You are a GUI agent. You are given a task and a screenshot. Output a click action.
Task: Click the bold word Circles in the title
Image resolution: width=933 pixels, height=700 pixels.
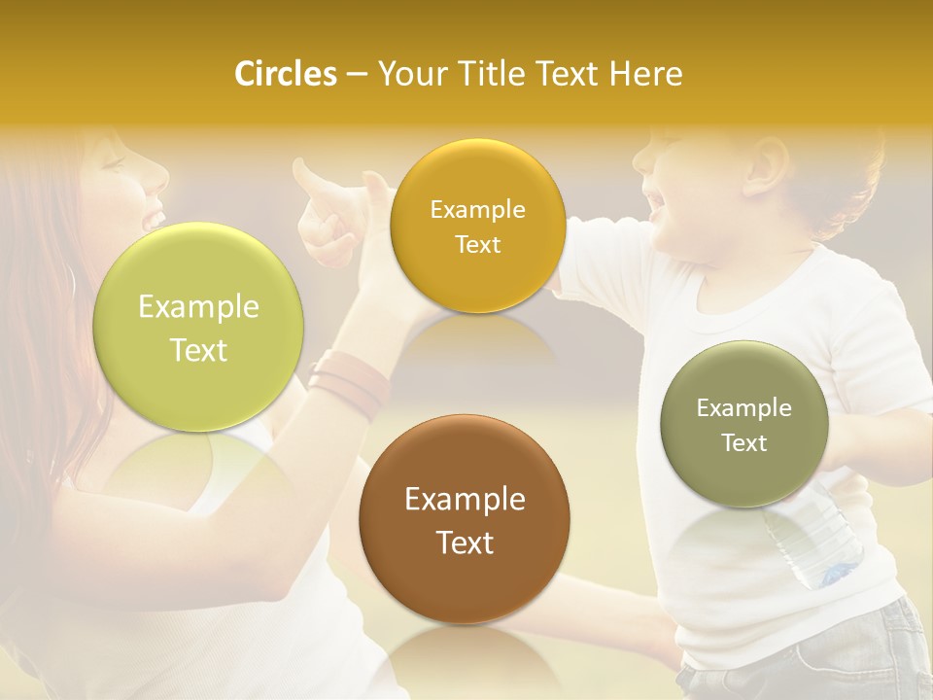285,74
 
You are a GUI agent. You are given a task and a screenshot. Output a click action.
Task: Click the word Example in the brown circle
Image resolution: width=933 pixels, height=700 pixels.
465,500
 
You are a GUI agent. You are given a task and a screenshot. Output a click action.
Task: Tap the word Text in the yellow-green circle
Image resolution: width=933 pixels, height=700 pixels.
198,350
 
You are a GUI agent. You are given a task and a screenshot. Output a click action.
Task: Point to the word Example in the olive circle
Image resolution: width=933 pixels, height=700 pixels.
743,408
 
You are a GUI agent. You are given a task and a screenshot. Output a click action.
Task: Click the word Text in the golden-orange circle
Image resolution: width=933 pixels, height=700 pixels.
477,244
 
